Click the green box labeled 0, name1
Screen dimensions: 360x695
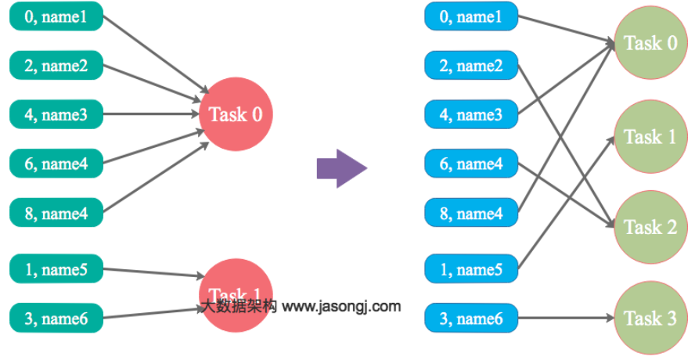coord(56,16)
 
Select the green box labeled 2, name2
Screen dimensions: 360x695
coord(56,66)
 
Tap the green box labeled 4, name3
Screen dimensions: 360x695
coord(56,115)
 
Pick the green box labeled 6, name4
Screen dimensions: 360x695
coord(56,164)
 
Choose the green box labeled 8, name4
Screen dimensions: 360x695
coord(56,213)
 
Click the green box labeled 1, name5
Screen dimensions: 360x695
coord(56,271)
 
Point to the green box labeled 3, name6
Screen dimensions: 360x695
coord(56,319)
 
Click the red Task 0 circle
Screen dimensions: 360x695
coord(236,115)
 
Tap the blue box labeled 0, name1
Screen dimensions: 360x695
coord(471,16)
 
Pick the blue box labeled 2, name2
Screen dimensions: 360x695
coord(471,66)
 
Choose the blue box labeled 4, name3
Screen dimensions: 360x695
coord(471,115)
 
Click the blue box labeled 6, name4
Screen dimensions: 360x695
coord(471,164)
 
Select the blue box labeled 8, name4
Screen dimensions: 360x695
coord(471,213)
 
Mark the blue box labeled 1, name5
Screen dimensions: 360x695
coord(471,269)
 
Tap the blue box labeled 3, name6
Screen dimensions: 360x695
coord(471,319)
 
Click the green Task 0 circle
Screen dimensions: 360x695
coord(650,43)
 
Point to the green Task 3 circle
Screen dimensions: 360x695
coord(650,319)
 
